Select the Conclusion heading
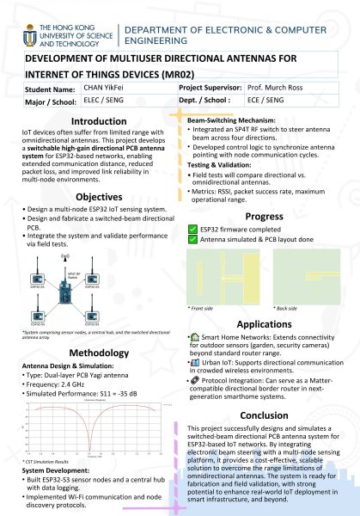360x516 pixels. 264,414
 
